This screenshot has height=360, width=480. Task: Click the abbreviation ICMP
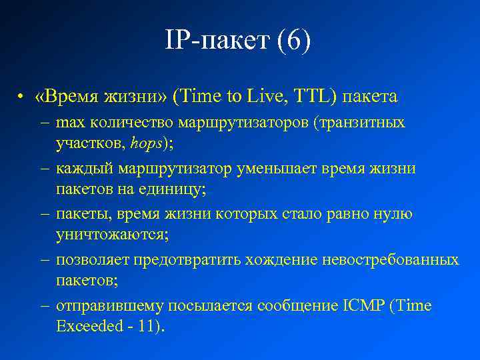(366, 306)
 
